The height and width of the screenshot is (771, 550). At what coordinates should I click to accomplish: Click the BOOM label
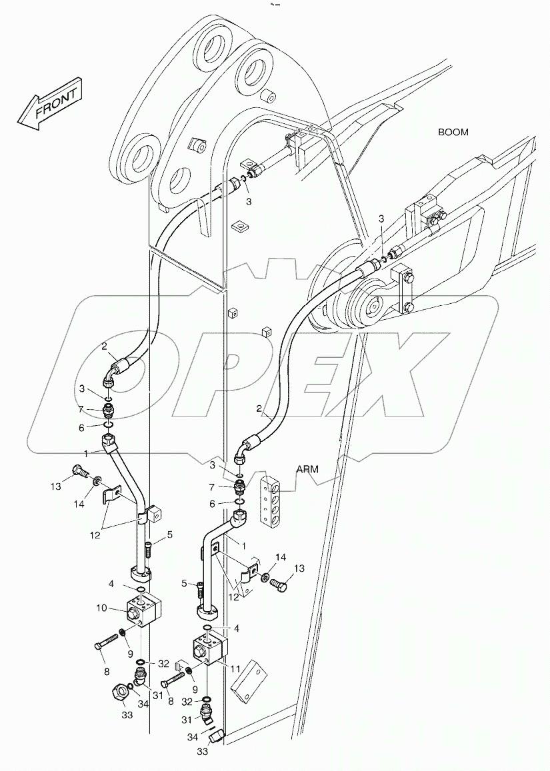click(x=453, y=132)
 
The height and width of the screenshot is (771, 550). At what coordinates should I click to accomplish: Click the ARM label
click(x=307, y=469)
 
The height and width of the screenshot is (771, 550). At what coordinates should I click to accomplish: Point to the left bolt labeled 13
click(x=81, y=472)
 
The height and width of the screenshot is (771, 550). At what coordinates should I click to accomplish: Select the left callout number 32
click(x=163, y=663)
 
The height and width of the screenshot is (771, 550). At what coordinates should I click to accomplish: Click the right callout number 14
click(x=281, y=556)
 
